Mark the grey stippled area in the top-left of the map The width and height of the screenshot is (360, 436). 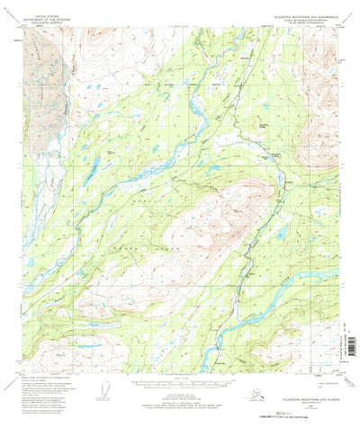coord(40,81)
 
